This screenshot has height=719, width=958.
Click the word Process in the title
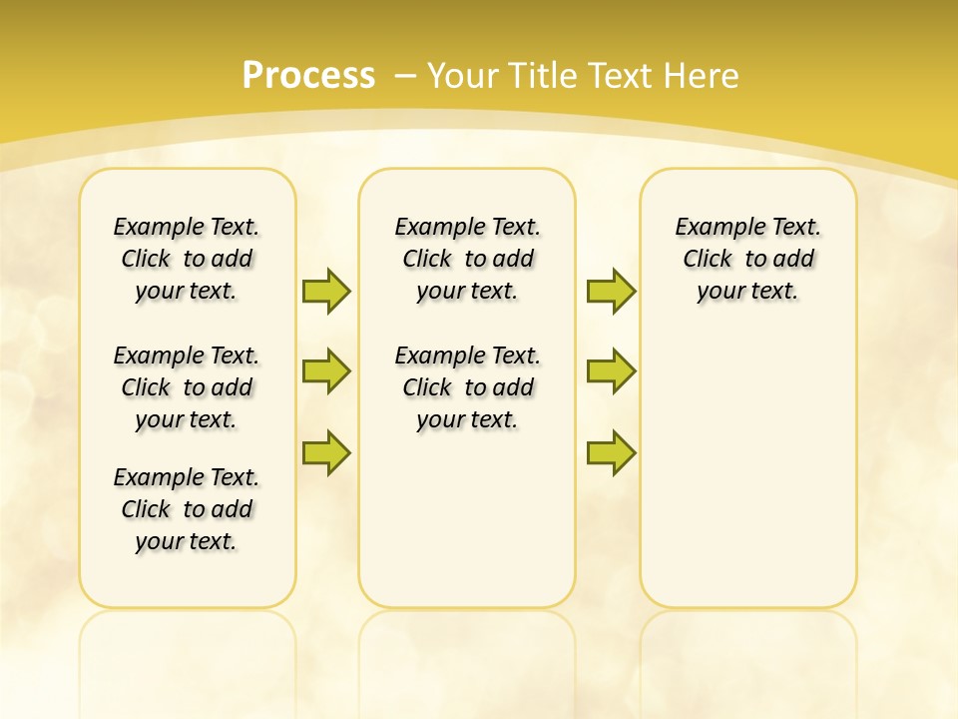click(x=308, y=76)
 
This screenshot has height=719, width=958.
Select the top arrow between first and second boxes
click(x=326, y=291)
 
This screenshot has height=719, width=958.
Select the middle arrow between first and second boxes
click(x=326, y=371)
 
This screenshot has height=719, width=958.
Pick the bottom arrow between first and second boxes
click(x=326, y=452)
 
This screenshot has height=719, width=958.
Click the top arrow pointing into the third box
click(x=611, y=291)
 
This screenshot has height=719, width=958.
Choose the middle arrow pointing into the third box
click(x=611, y=371)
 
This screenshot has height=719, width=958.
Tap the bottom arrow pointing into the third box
click(x=611, y=452)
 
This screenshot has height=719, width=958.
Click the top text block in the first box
click(x=187, y=259)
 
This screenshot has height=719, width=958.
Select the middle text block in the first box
click(x=187, y=387)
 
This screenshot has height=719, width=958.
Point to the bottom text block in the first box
click(x=187, y=509)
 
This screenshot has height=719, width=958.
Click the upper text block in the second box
click(x=467, y=259)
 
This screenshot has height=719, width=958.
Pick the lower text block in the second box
click(x=467, y=387)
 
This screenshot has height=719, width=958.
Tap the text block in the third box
click(x=747, y=259)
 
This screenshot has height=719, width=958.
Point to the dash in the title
click(x=405, y=76)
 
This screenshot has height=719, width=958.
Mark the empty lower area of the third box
click(x=747, y=469)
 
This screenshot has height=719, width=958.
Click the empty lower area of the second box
click(x=467, y=519)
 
